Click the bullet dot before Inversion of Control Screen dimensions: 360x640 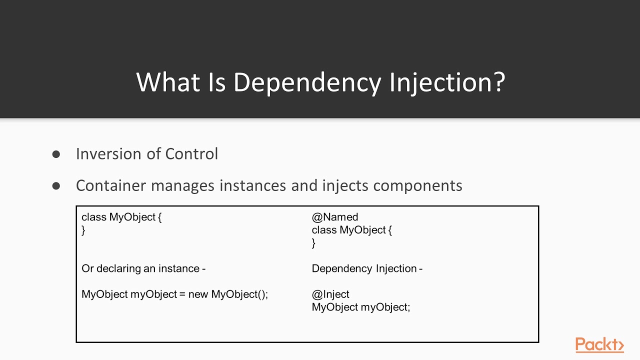click(x=56, y=154)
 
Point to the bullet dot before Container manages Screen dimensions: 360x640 click(x=56, y=186)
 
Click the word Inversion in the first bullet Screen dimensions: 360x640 click(x=108, y=153)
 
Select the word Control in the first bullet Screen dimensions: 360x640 click(x=191, y=153)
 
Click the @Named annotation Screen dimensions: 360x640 click(x=334, y=217)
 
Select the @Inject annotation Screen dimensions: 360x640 click(x=330, y=294)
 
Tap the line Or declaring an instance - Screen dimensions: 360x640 click(x=143, y=268)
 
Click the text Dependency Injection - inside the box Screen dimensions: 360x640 click(x=367, y=268)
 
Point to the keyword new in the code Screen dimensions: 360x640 click(x=198, y=294)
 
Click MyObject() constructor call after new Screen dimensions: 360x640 click(x=239, y=294)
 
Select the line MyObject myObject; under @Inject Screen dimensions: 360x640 click(x=360, y=307)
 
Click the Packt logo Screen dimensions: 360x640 click(x=599, y=345)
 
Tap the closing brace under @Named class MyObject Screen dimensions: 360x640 click(x=313, y=243)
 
